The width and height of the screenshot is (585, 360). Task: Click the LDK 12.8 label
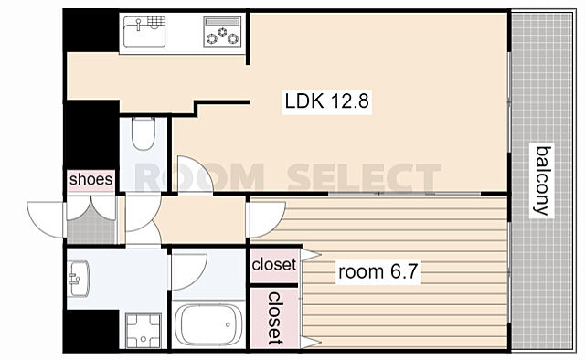click(327, 101)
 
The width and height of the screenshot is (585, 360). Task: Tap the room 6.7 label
click(378, 271)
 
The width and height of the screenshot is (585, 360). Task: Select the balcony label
click(542, 181)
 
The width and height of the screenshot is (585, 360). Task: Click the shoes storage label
click(90, 179)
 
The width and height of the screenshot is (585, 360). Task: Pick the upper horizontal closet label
click(274, 264)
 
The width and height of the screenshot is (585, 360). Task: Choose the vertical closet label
click(275, 318)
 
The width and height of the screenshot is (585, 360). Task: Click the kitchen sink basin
click(144, 31)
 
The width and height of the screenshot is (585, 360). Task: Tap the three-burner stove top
click(222, 32)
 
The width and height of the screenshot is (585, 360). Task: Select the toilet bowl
click(144, 134)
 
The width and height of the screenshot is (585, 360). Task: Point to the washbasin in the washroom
click(79, 279)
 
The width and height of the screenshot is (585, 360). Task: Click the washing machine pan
click(144, 331)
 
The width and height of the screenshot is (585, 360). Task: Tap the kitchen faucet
click(138, 25)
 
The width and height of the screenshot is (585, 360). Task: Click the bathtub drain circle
click(228, 325)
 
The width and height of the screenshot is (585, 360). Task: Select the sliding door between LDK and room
click(404, 194)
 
